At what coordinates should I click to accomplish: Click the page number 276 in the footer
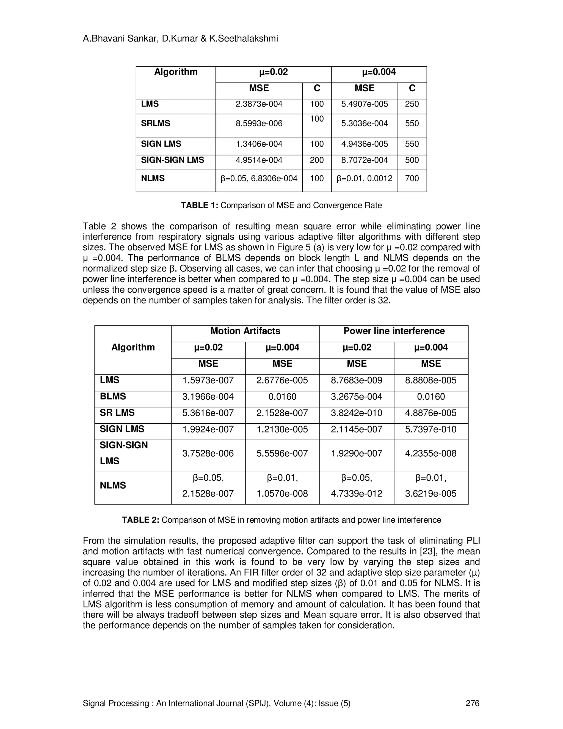(472, 703)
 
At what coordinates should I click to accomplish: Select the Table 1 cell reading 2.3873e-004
(259, 104)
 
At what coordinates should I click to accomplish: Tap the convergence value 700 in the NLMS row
(412, 179)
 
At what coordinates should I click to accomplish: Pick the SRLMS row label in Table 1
(155, 124)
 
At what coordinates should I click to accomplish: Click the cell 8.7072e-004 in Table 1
(364, 160)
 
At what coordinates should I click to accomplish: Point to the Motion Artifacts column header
(245, 331)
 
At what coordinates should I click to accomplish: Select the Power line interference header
(394, 331)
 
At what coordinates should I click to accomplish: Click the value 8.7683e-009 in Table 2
(357, 380)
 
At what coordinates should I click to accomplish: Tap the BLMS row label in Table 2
(113, 396)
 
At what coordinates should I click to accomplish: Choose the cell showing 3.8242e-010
(357, 413)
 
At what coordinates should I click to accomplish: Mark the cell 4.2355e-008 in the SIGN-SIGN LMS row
(430, 454)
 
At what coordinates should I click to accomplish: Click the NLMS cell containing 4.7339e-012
(357, 494)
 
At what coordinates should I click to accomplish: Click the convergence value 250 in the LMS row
(412, 104)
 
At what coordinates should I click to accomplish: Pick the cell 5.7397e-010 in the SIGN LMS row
(430, 429)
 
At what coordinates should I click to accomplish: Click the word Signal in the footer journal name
(94, 703)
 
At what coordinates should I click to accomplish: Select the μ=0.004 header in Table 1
(379, 72)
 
